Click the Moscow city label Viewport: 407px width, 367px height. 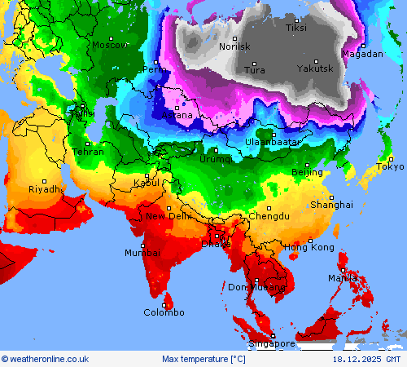(109, 46)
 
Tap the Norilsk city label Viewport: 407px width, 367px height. (235, 47)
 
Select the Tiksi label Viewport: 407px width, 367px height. (296, 29)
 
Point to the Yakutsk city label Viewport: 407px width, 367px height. (315, 69)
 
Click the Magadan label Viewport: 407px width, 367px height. (362, 54)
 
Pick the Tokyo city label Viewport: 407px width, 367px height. (390, 167)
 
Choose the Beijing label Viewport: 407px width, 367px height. (307, 173)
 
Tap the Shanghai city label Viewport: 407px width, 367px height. (331, 205)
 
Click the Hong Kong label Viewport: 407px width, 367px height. (309, 247)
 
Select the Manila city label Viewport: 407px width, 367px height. (343, 278)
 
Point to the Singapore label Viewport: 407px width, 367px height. (272, 344)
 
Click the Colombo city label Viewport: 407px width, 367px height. (164, 312)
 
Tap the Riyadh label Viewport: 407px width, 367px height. (44, 189)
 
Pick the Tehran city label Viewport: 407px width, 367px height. (88, 152)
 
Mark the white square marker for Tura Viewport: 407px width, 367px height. (253, 63)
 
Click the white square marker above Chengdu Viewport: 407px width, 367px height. (269, 208)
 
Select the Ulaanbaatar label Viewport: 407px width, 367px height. (273, 142)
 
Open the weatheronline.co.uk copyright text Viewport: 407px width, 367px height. (46, 359)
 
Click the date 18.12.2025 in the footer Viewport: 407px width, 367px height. (354, 359)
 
